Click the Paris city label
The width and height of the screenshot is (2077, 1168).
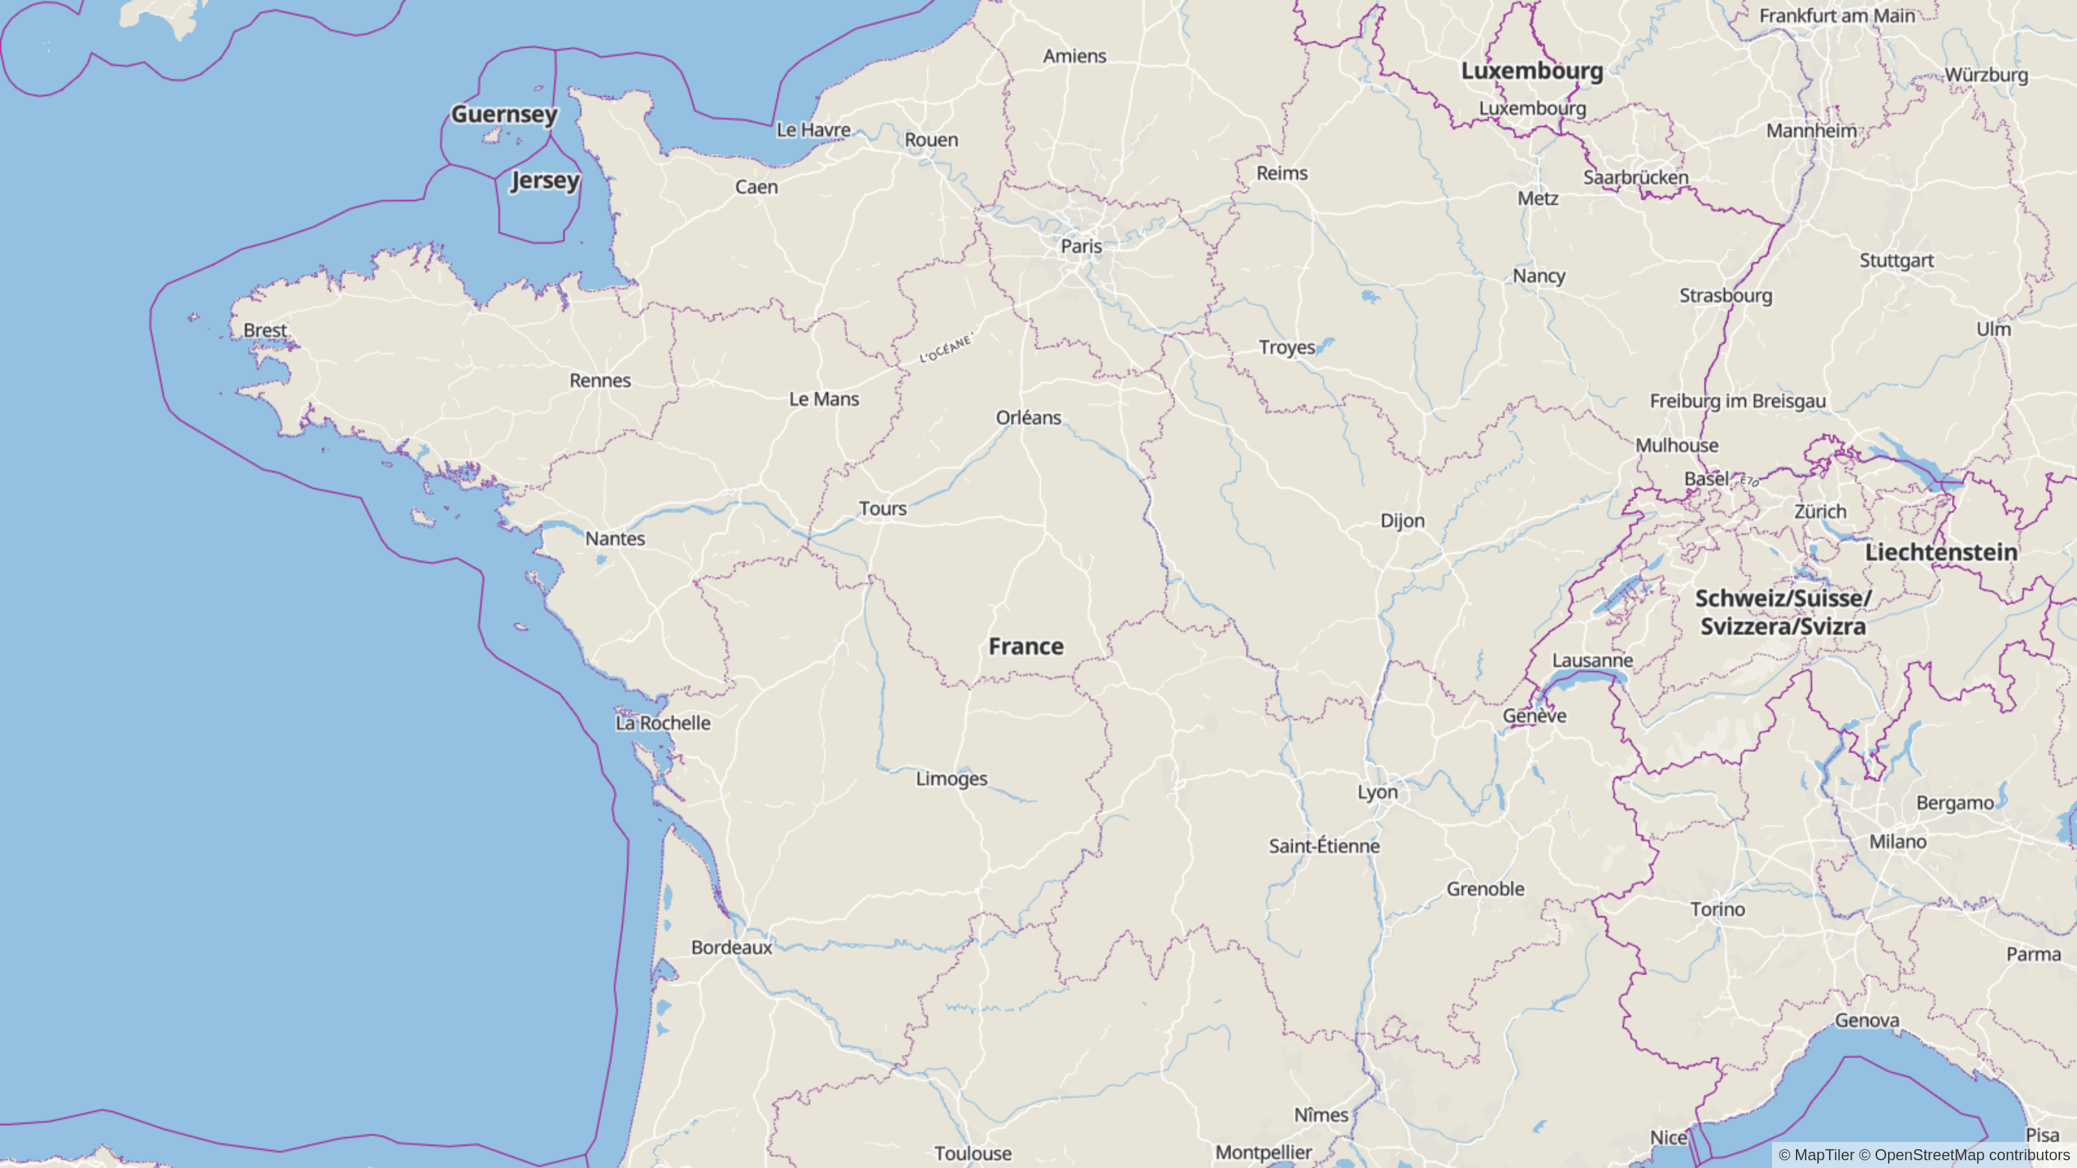pos(1081,246)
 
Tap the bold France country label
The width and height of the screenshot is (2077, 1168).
pos(1026,646)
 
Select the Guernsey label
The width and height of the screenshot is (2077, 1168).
pos(504,114)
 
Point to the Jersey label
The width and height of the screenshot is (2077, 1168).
pos(545,180)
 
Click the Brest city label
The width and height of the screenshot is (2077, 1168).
pos(265,330)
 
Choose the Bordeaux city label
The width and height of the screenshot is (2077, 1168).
pos(731,947)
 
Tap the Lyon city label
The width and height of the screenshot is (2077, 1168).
pos(1377,792)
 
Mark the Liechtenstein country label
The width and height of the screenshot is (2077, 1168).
pos(1941,553)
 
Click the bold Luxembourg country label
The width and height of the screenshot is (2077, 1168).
pos(1532,71)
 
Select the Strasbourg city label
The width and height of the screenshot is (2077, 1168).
pos(1725,296)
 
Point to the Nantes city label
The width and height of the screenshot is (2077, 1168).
pos(615,539)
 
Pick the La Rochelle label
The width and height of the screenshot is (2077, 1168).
pos(663,723)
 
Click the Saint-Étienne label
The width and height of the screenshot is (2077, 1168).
pos(1324,846)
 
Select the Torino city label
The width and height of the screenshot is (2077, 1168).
pos(1717,909)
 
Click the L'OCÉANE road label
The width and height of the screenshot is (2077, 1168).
pos(946,348)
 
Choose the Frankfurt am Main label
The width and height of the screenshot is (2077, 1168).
pos(1837,16)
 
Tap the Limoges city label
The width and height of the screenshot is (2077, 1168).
pos(952,779)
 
